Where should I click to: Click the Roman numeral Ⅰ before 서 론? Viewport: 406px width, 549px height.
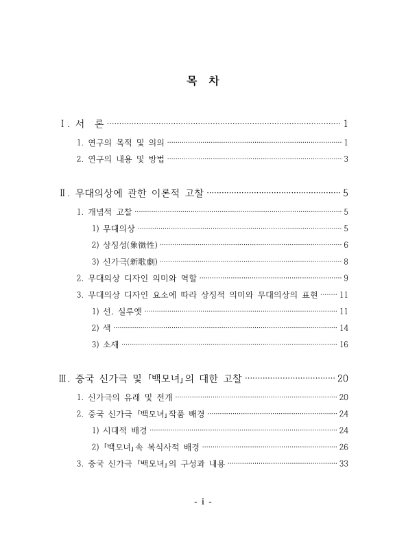(x=64, y=124)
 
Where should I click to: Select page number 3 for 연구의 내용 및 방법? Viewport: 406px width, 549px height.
(x=347, y=160)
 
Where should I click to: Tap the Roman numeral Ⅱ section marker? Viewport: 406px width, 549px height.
(x=64, y=193)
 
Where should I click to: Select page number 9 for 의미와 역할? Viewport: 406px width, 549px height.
(x=347, y=278)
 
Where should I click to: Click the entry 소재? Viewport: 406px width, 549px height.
(x=104, y=344)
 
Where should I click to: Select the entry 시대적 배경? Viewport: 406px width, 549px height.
(x=119, y=430)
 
